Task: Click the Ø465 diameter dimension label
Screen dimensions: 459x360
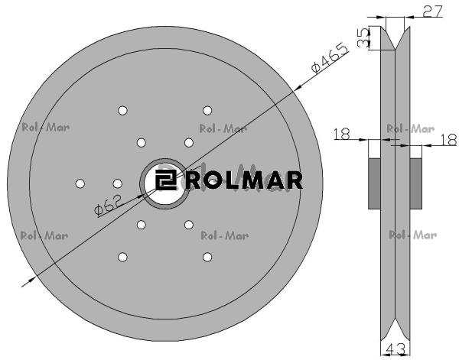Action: (330, 58)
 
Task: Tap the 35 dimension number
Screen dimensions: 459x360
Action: (363, 38)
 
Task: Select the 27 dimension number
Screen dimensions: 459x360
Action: (433, 11)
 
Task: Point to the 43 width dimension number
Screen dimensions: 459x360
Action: (396, 349)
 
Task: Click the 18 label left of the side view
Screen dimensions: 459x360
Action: (342, 134)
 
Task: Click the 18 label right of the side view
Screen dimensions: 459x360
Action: (448, 140)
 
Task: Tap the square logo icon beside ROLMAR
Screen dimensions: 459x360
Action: (165, 180)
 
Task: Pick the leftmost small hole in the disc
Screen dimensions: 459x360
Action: (80, 183)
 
